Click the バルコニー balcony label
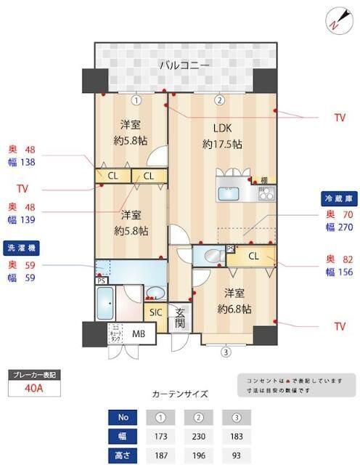[185, 65]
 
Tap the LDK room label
[222, 129]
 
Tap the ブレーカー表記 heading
[36, 374]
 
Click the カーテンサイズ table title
[180, 394]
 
